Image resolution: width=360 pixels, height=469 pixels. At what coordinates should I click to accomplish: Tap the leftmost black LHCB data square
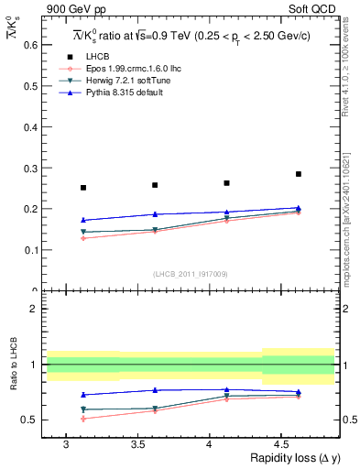point(83,188)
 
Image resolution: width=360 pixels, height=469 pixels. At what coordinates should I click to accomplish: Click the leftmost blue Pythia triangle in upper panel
point(83,220)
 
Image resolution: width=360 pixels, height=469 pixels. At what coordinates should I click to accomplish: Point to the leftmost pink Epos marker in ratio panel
point(83,419)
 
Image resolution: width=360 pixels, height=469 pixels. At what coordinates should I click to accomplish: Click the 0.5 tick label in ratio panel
point(27,420)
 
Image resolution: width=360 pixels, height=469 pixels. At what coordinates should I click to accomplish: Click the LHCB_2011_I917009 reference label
point(189,274)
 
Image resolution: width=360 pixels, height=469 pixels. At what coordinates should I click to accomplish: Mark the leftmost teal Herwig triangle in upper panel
point(83,233)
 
